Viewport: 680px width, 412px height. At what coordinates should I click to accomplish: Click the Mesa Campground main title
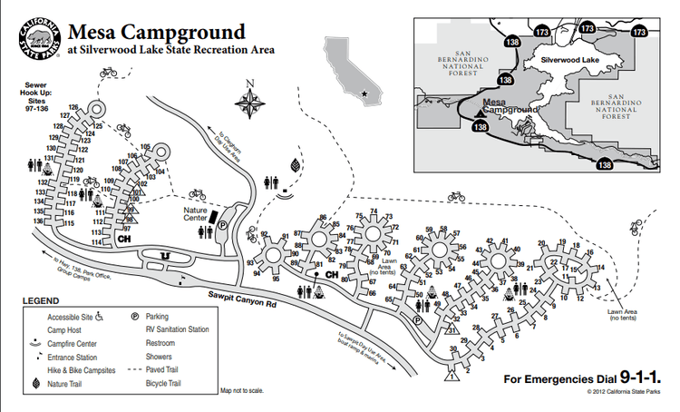coord(155,34)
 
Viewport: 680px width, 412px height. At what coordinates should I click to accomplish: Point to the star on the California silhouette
coord(364,93)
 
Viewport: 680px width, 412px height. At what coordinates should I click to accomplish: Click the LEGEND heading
coord(41,300)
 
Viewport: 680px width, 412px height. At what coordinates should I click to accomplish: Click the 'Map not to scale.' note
coord(241,391)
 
